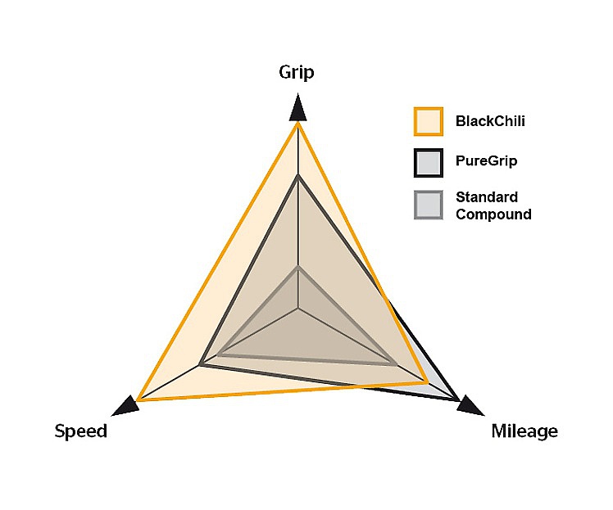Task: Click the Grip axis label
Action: click(x=297, y=73)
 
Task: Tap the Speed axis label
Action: click(x=81, y=431)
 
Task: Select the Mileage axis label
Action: click(x=524, y=431)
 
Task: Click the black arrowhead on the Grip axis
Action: click(x=298, y=106)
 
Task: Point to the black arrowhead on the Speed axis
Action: click(x=126, y=406)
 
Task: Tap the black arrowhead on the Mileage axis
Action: click(x=470, y=406)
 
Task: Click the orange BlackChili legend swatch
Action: click(x=429, y=121)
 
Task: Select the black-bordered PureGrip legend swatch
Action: click(x=429, y=163)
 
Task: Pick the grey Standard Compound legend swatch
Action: click(x=429, y=205)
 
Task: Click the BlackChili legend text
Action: click(x=490, y=121)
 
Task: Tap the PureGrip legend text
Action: click(x=486, y=161)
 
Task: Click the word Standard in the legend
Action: click(x=487, y=197)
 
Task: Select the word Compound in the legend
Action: click(x=493, y=214)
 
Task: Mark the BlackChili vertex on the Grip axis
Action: click(x=298, y=123)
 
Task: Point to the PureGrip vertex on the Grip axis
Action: click(x=298, y=177)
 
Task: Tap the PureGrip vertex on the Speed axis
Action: click(x=200, y=365)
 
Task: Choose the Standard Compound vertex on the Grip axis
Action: click(x=298, y=268)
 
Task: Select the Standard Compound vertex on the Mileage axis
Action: click(x=395, y=364)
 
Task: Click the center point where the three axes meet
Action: click(x=298, y=309)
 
